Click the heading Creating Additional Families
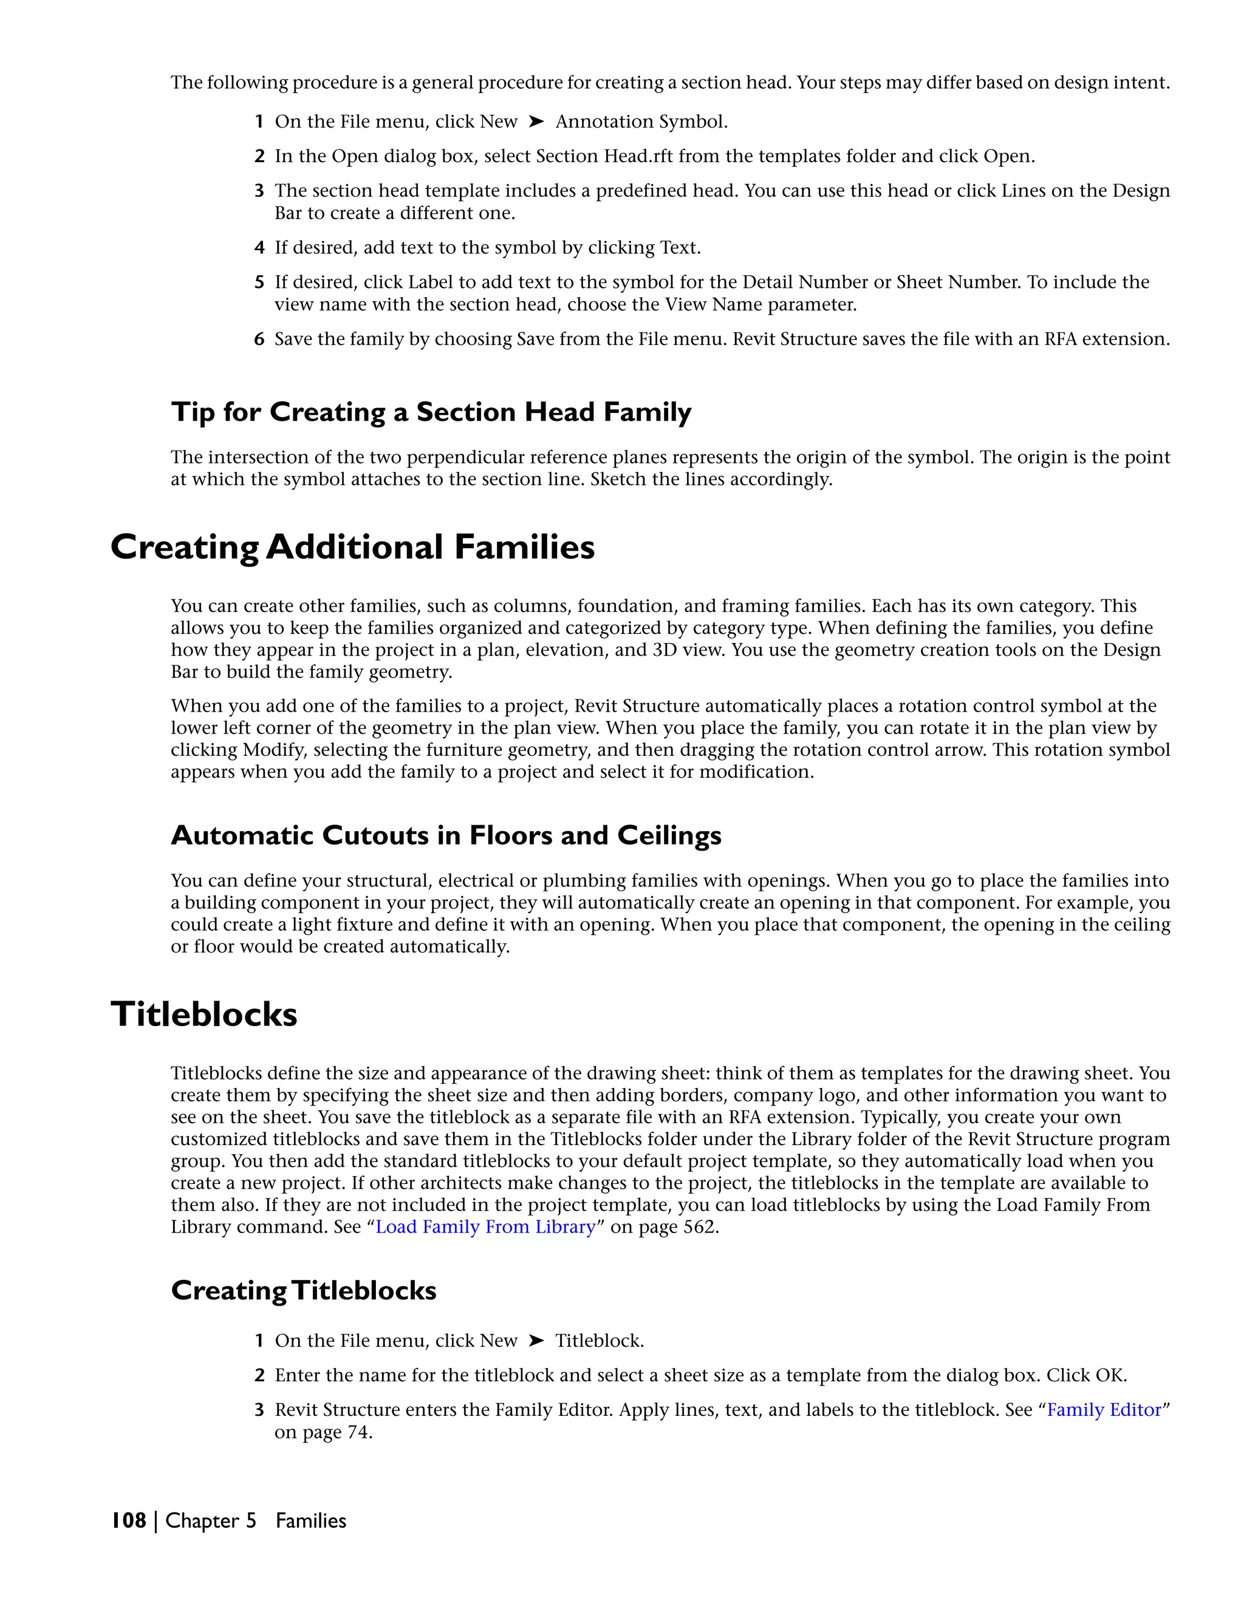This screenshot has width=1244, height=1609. [352, 548]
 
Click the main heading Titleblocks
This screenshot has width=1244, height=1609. [204, 1014]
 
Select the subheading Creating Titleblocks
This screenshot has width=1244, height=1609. [304, 1290]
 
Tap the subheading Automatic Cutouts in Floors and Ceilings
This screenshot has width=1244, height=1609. [446, 835]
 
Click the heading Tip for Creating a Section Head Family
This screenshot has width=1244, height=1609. [431, 411]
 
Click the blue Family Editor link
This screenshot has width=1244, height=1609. [1103, 1409]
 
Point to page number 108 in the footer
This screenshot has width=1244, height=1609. [129, 1520]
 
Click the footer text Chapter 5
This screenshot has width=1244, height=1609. [211, 1520]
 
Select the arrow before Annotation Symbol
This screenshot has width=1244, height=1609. [536, 121]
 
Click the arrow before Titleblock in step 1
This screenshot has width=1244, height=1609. [536, 1340]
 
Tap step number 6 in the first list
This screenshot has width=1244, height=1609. [259, 339]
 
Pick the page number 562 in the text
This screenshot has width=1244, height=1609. [698, 1226]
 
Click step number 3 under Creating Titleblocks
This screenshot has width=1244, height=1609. [259, 1409]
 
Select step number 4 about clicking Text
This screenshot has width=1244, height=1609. [259, 248]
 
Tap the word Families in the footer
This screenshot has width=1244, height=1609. [311, 1520]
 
